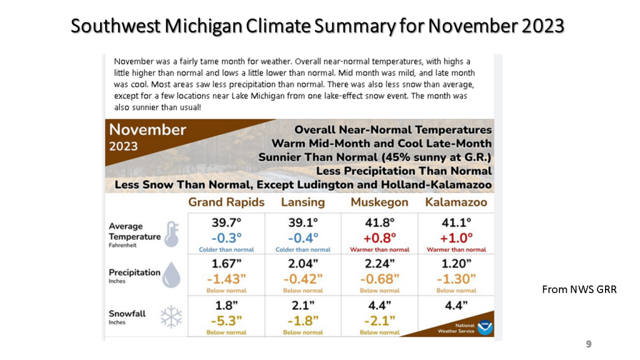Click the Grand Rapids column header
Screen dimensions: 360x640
point(226,202)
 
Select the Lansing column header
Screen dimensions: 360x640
point(303,202)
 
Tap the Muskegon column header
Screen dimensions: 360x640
point(379,202)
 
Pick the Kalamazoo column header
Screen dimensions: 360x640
point(456,202)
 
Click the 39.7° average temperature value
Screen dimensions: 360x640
point(226,222)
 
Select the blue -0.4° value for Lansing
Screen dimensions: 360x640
point(303,237)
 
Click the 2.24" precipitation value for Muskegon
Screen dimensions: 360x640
point(379,263)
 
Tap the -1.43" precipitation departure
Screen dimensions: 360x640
point(226,279)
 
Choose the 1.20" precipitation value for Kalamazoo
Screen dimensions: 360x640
point(456,263)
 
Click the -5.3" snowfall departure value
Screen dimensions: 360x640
point(226,321)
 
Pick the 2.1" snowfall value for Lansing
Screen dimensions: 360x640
point(303,306)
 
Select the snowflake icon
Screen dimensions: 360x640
point(171,317)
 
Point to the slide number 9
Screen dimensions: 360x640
point(588,344)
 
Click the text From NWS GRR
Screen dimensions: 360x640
point(579,289)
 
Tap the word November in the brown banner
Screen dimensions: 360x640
point(147,130)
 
